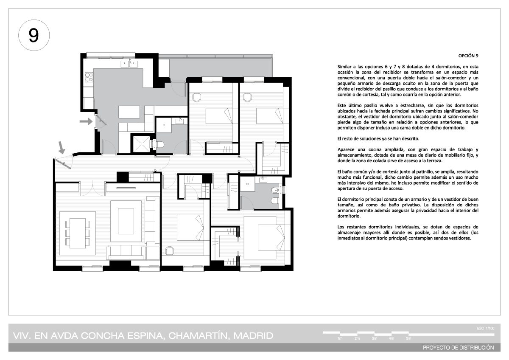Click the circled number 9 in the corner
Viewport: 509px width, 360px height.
[x=34, y=35]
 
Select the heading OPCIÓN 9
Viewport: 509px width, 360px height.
[x=468, y=56]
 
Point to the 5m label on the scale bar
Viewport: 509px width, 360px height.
[x=408, y=338]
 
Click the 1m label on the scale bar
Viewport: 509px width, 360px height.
[x=340, y=338]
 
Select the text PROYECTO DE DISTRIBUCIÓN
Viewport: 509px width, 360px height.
[x=459, y=348]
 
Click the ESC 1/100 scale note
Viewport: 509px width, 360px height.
[x=486, y=328]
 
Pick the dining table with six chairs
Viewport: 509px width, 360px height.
[x=78, y=233]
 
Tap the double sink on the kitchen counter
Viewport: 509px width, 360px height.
[x=129, y=64]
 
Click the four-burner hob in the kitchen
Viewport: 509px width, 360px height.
[x=89, y=77]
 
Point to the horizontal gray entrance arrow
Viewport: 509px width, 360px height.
[x=86, y=121]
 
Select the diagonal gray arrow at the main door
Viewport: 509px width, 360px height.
[x=62, y=148]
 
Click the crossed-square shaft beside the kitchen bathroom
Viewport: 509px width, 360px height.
[x=142, y=144]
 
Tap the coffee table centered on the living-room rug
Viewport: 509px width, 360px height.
[x=126, y=221]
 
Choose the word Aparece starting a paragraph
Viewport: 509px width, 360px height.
[x=345, y=149]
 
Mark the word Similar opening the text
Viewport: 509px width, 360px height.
[x=344, y=67]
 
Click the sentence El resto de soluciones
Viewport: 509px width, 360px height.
[x=378, y=139]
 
